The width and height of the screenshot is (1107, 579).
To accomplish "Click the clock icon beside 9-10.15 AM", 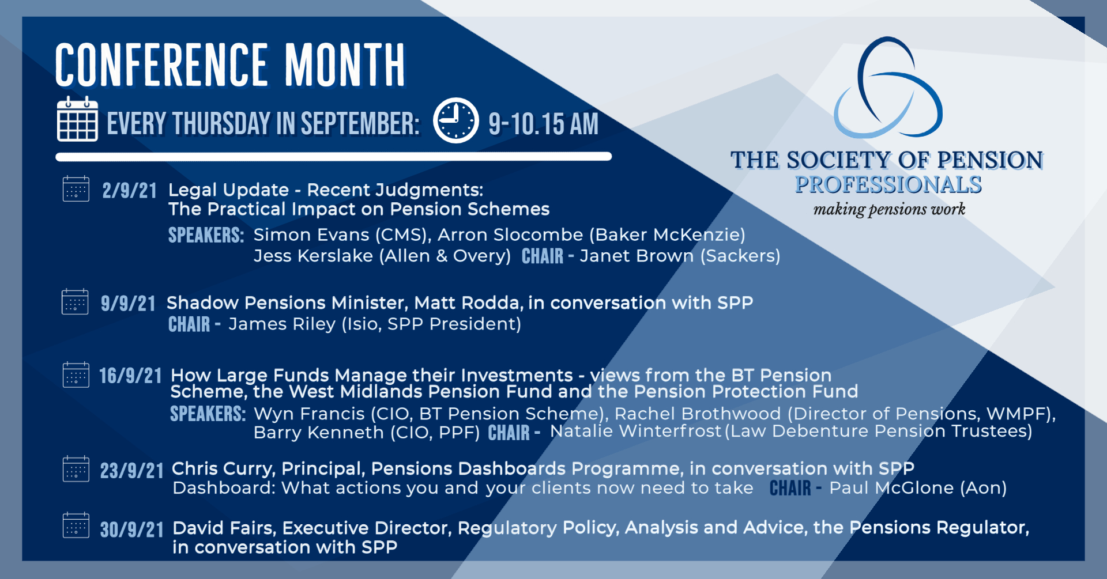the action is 455,120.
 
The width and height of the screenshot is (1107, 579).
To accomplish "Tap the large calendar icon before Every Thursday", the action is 77,119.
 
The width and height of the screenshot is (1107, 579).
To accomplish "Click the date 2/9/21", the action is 130,191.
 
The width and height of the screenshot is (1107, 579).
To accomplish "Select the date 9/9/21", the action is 128,304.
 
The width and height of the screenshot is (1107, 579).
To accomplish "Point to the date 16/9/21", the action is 130,376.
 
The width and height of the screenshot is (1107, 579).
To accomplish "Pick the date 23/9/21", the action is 132,471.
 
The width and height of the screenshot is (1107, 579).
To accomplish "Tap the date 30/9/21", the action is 132,529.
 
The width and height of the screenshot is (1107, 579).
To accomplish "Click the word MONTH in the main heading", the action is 345,65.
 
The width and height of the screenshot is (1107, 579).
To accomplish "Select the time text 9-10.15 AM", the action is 543,124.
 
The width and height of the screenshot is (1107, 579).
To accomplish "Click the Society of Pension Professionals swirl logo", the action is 888,88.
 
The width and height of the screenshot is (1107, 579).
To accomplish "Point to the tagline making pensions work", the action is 889,209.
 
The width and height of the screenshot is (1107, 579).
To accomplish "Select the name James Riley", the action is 282,324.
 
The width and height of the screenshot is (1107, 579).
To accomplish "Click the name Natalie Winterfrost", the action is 635,431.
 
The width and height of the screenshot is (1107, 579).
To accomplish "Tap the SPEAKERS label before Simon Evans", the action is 206,235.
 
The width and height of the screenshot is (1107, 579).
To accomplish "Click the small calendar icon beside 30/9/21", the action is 76,525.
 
